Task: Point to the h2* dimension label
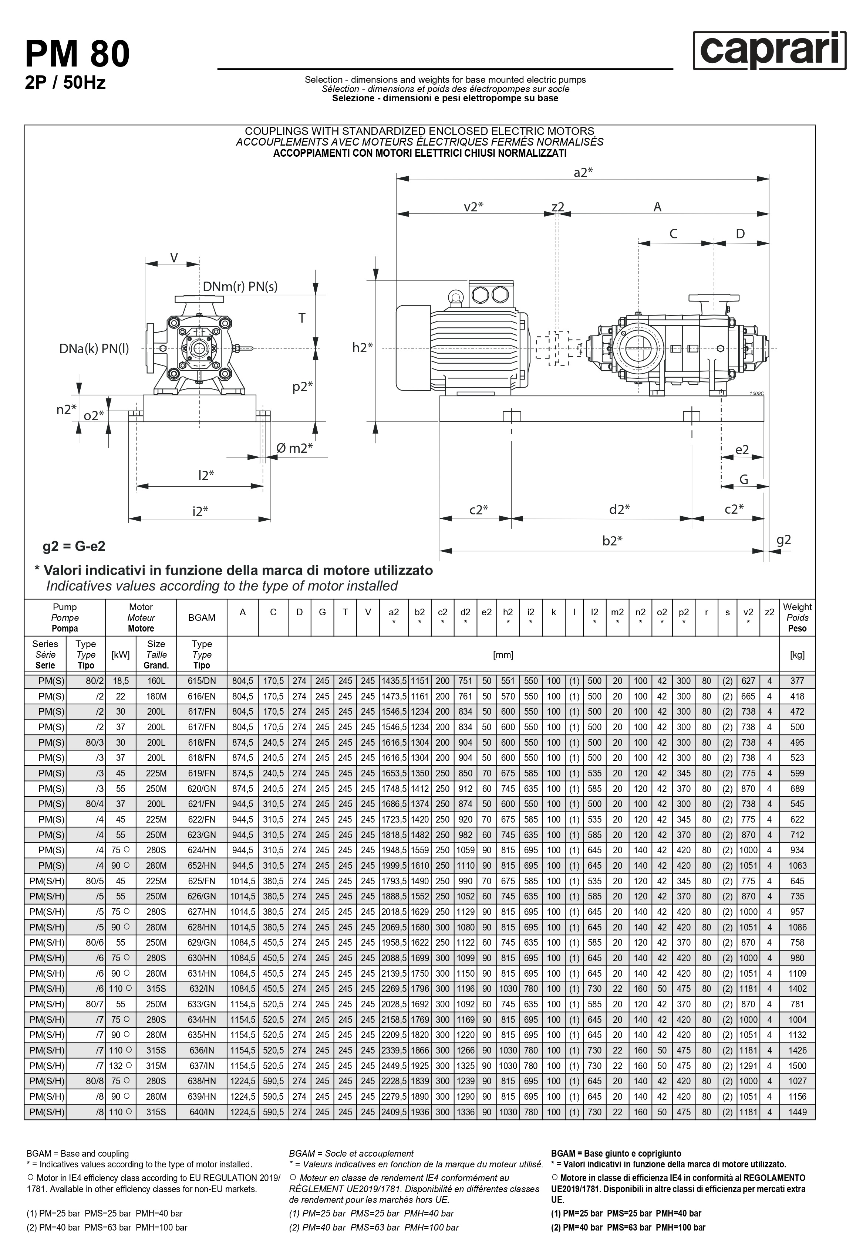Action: [362, 348]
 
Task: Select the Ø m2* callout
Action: [295, 448]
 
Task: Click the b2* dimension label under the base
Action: [612, 541]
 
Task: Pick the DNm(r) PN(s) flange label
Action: [240, 286]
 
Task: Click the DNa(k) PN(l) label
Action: [94, 349]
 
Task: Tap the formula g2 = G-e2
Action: [74, 546]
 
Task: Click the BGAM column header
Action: [202, 617]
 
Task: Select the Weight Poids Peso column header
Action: [797, 617]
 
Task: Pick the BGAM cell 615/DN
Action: [202, 681]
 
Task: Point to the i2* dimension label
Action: [200, 511]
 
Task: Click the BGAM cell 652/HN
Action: [202, 865]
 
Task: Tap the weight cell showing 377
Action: [797, 681]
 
